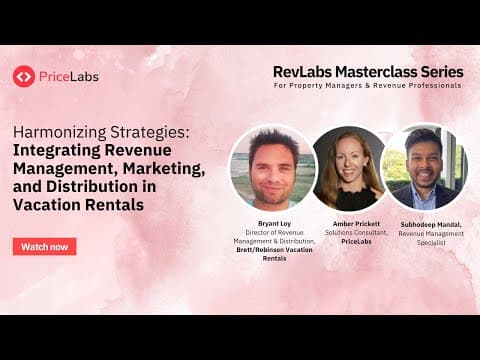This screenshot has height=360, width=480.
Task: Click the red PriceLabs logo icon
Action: (x=24, y=76)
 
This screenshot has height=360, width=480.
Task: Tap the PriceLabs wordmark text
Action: (x=69, y=76)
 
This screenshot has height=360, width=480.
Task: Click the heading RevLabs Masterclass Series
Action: (x=368, y=72)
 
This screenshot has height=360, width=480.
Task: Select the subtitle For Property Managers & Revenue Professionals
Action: (x=368, y=86)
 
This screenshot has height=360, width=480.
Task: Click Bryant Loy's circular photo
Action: (x=272, y=166)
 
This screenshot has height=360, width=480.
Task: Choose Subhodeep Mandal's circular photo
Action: (x=424, y=166)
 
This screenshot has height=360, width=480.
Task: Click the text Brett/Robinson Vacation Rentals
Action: (x=273, y=254)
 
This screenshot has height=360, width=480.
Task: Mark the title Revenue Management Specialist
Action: (x=427, y=237)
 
